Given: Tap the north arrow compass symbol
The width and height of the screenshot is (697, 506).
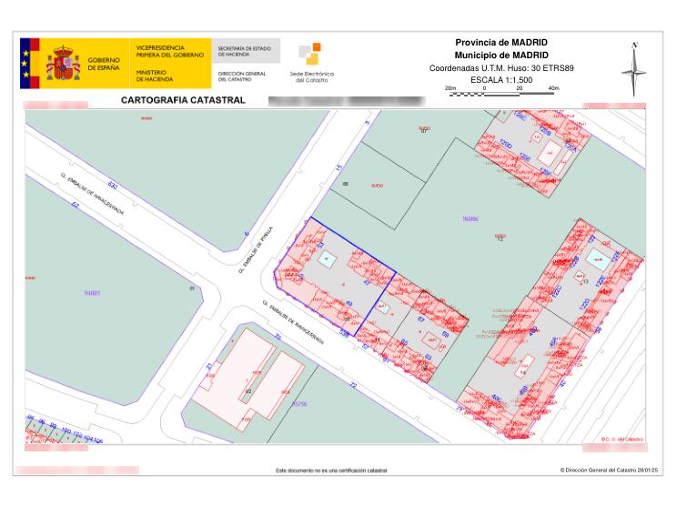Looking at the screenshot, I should tap(634, 69).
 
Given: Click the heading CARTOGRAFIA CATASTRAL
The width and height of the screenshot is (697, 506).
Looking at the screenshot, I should tap(183, 100).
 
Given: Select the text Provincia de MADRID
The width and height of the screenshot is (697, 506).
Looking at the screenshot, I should tap(500, 43).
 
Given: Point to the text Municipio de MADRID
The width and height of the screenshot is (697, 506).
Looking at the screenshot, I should tap(500, 56).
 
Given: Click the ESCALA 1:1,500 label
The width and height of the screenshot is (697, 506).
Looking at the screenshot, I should tap(500, 80).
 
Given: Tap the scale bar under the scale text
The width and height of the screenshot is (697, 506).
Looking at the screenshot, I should tap(500, 92).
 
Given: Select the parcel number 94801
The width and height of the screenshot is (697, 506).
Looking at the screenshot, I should tap(91, 293).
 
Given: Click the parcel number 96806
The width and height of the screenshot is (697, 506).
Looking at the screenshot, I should tap(470, 218).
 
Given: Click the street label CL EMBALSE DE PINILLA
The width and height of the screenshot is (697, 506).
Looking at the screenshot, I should tap(264, 247).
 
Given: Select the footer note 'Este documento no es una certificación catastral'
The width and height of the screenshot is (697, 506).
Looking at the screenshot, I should tap(330, 471).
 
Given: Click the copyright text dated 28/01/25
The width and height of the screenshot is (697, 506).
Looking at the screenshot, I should tap(608, 471).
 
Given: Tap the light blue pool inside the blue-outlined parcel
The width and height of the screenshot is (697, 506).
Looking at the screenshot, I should tap(326, 260).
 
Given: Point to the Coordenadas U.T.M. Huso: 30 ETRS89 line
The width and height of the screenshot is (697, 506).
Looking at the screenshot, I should tap(500, 68).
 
